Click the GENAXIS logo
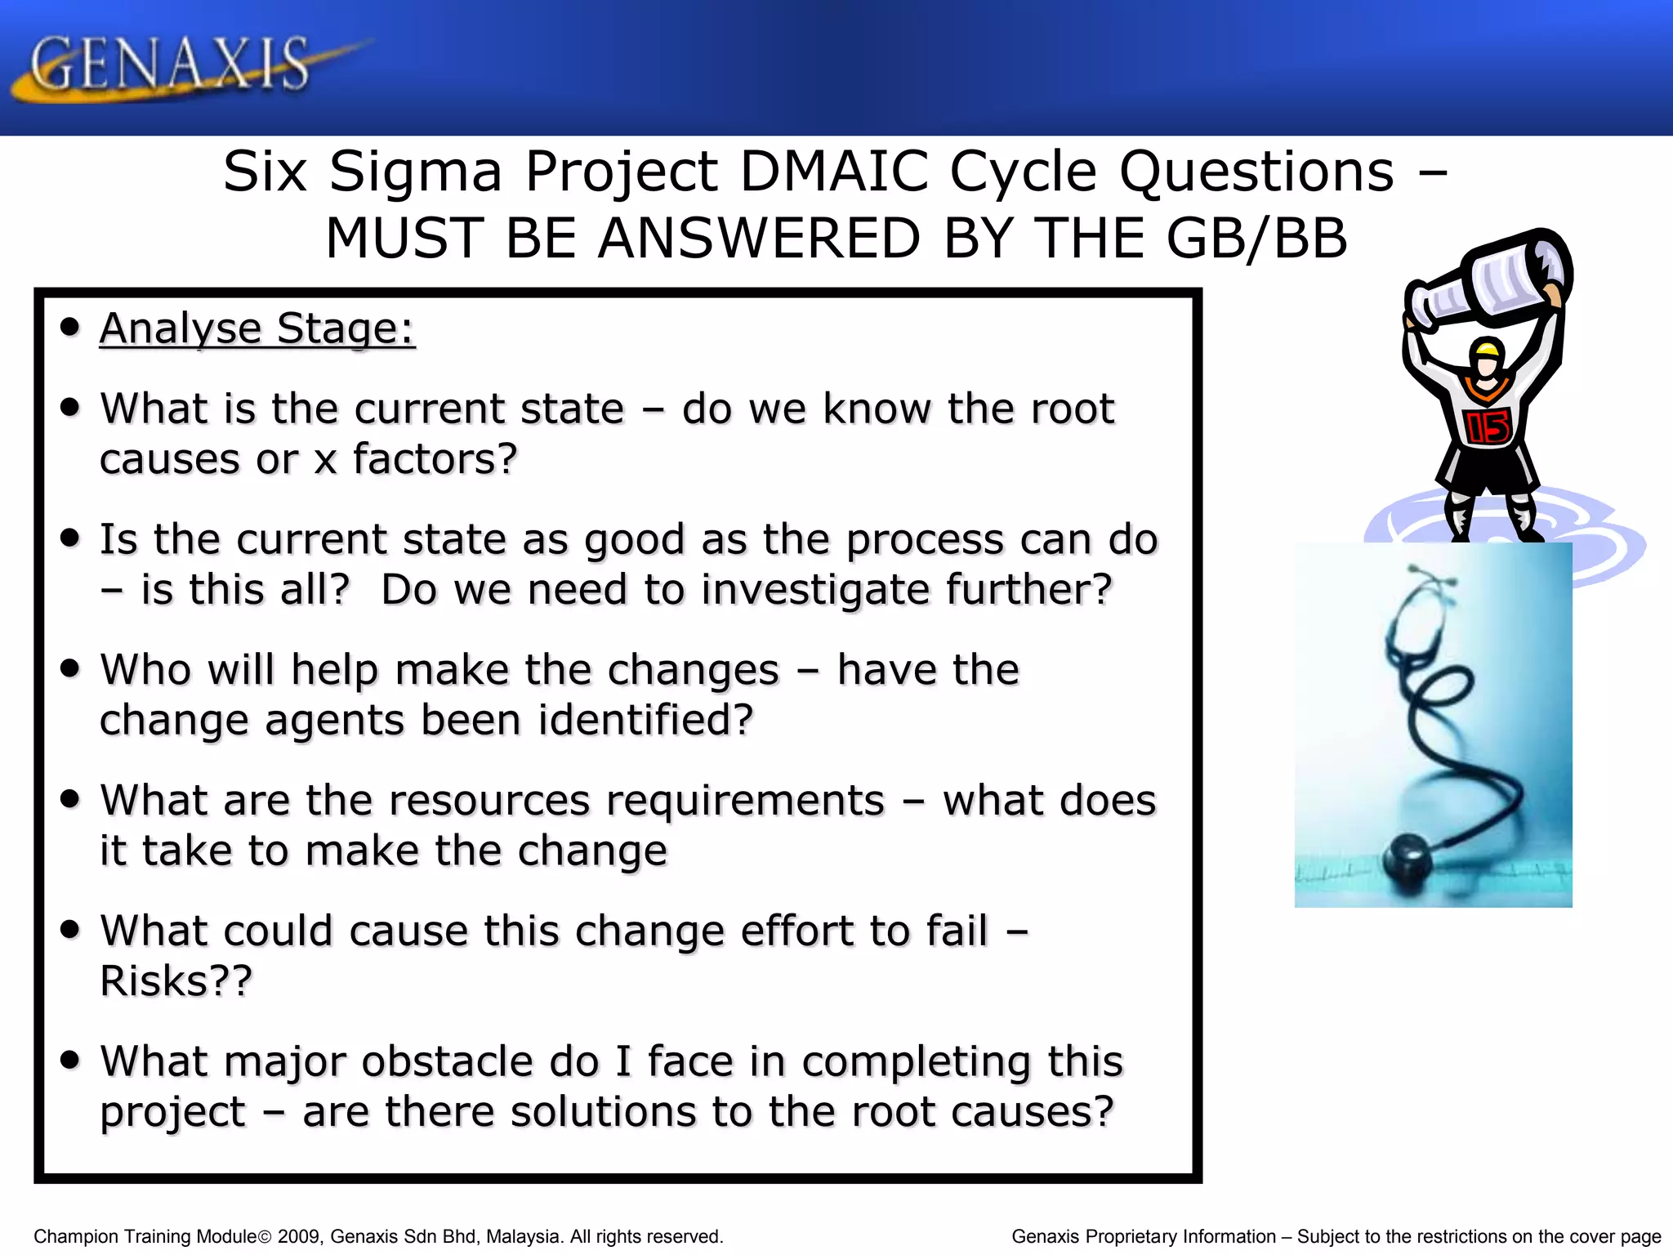172,65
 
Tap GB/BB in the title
1256,239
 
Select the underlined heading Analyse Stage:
257,328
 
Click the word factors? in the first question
435,458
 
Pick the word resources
489,800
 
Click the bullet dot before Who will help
70,669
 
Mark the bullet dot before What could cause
70,930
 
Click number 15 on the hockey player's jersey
1488,427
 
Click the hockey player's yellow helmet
1487,351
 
